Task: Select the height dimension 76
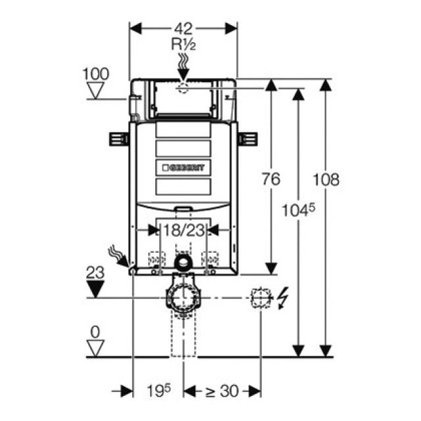[x=272, y=178]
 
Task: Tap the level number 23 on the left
[x=97, y=271]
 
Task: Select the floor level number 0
[x=97, y=333]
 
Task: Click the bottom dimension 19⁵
[x=158, y=390]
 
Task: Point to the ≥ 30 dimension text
[x=220, y=391]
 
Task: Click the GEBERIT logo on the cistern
[x=183, y=168]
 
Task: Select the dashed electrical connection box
[x=260, y=298]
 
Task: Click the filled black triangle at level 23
[x=97, y=289]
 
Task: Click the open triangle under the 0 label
[x=97, y=349]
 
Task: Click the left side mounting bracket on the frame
[x=118, y=139]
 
